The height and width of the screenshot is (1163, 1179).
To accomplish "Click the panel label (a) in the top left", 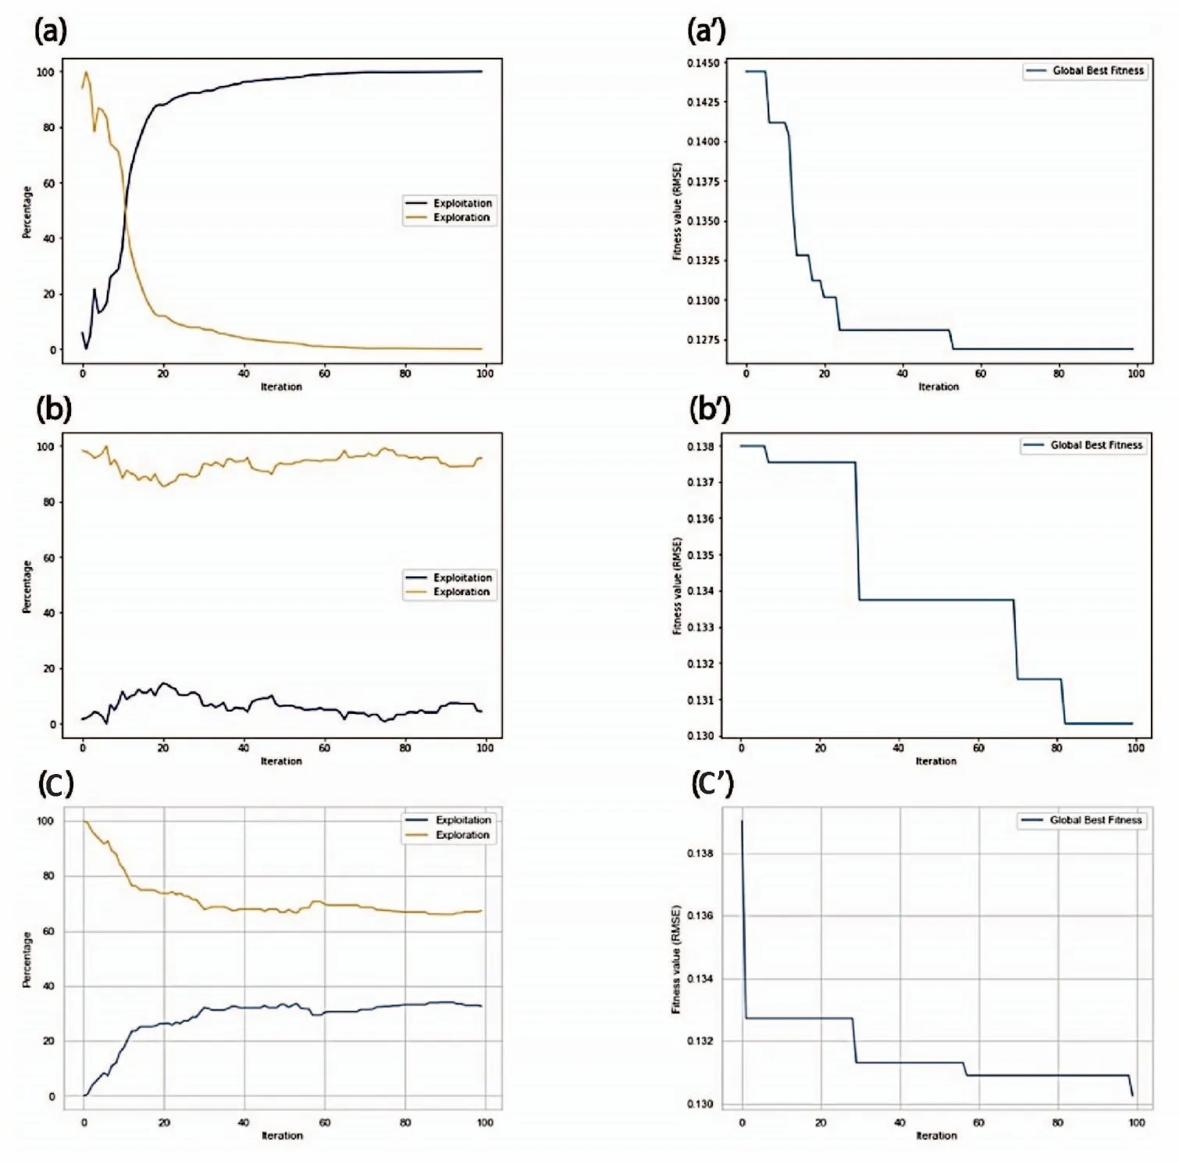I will pyautogui.click(x=51, y=30).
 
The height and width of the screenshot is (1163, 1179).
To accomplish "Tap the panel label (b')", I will pyautogui.click(x=709, y=408).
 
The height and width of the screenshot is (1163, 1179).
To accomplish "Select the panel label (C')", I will pyautogui.click(x=712, y=783).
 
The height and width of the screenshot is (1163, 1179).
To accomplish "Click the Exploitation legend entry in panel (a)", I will pyautogui.click(x=462, y=203).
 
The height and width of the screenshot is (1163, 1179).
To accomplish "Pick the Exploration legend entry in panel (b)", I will pyautogui.click(x=461, y=592).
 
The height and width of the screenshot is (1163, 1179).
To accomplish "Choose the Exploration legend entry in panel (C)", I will pyautogui.click(x=462, y=835).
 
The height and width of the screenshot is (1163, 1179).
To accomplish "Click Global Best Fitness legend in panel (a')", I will pyautogui.click(x=1097, y=71).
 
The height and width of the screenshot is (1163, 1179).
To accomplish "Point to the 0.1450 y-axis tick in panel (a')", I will pyautogui.click(x=703, y=63).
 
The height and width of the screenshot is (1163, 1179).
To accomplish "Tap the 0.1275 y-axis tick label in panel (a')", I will pyautogui.click(x=703, y=340).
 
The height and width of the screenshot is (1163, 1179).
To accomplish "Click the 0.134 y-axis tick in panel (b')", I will pyautogui.click(x=700, y=591).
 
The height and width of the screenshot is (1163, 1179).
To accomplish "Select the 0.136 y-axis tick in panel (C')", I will pyautogui.click(x=700, y=915).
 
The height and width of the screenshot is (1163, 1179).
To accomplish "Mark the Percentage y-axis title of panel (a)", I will pyautogui.click(x=27, y=212).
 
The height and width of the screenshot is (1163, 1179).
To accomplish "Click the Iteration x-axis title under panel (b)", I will pyautogui.click(x=281, y=761).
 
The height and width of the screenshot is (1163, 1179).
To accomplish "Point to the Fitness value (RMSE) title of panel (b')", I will pyautogui.click(x=677, y=586).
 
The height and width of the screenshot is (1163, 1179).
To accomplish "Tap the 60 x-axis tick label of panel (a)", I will pyautogui.click(x=324, y=373).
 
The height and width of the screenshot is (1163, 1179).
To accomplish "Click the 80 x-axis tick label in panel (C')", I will pyautogui.click(x=1057, y=1122).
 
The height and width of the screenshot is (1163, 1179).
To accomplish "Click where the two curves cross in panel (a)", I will pyautogui.click(x=125, y=209).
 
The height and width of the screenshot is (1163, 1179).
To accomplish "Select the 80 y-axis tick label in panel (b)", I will pyautogui.click(x=48, y=502).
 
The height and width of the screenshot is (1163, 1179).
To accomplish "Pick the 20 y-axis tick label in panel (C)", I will pyautogui.click(x=48, y=1041).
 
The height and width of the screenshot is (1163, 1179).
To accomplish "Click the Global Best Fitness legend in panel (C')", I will pyautogui.click(x=1095, y=820).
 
